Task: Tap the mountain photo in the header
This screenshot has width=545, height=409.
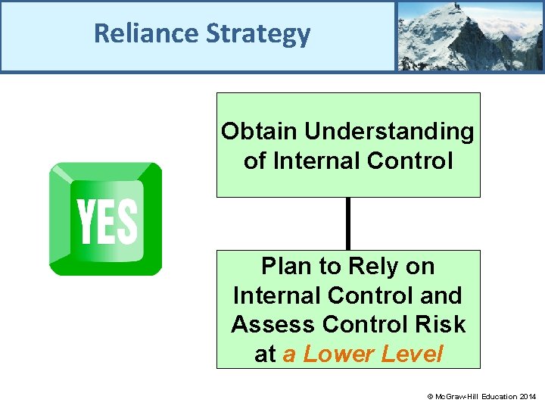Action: pyautogui.click(x=469, y=36)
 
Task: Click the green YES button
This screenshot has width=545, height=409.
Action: pyautogui.click(x=105, y=219)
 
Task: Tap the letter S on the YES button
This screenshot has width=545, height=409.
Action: pyautogui.click(x=127, y=221)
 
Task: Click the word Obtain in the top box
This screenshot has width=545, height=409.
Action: pyautogui.click(x=259, y=132)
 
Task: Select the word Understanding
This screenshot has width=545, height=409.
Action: pyautogui.click(x=389, y=132)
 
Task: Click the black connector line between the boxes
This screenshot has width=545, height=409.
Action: pyautogui.click(x=348, y=223)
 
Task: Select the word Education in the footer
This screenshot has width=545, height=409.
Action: pyautogui.click(x=497, y=397)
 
